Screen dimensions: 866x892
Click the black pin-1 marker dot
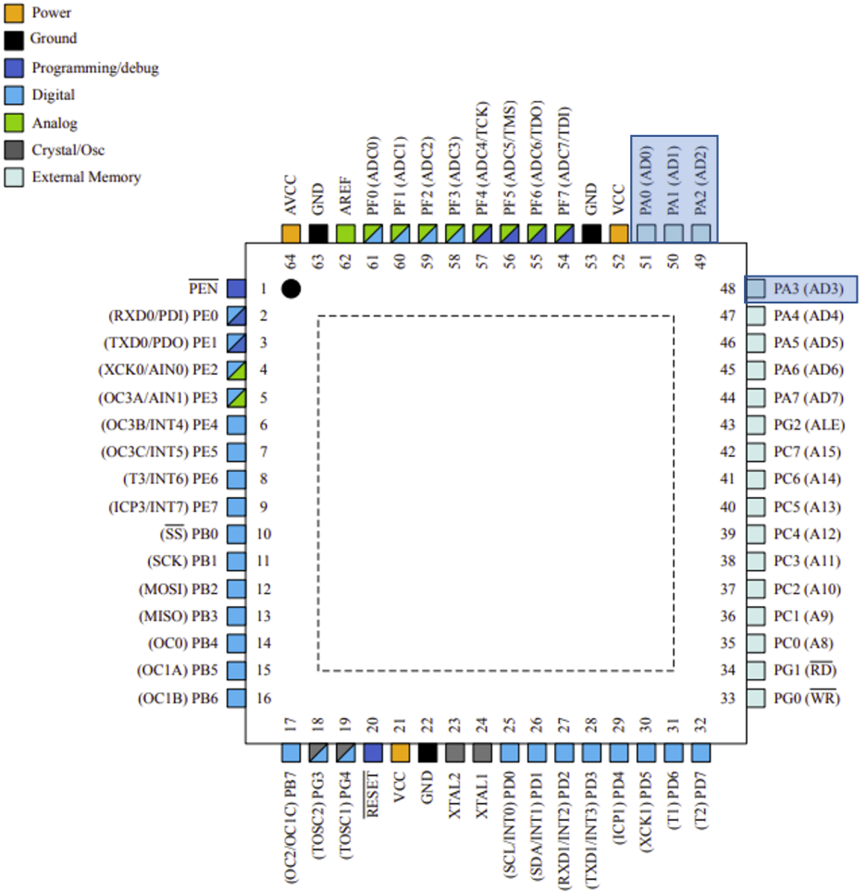291,289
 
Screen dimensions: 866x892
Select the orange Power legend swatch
14,13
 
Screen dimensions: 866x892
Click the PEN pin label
203,289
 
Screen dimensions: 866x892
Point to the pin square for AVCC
291,233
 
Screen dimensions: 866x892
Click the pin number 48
727,289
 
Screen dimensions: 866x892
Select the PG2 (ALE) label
809,425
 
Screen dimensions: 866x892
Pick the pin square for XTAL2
454,753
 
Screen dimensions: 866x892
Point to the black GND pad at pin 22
427,753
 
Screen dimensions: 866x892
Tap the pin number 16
264,699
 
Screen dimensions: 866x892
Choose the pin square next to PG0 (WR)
757,699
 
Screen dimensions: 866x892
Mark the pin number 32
700,724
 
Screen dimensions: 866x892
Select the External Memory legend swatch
14,176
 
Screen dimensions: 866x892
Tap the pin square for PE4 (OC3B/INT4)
236,425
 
